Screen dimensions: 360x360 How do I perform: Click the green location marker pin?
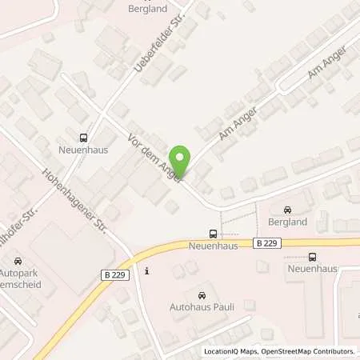coord(182,162)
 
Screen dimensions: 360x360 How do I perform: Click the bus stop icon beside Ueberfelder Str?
coord(84,137)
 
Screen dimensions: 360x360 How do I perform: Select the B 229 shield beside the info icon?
coord(114,274)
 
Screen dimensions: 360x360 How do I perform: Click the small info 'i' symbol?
coord(147,270)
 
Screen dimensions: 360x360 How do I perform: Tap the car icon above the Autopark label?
coord(18,261)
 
